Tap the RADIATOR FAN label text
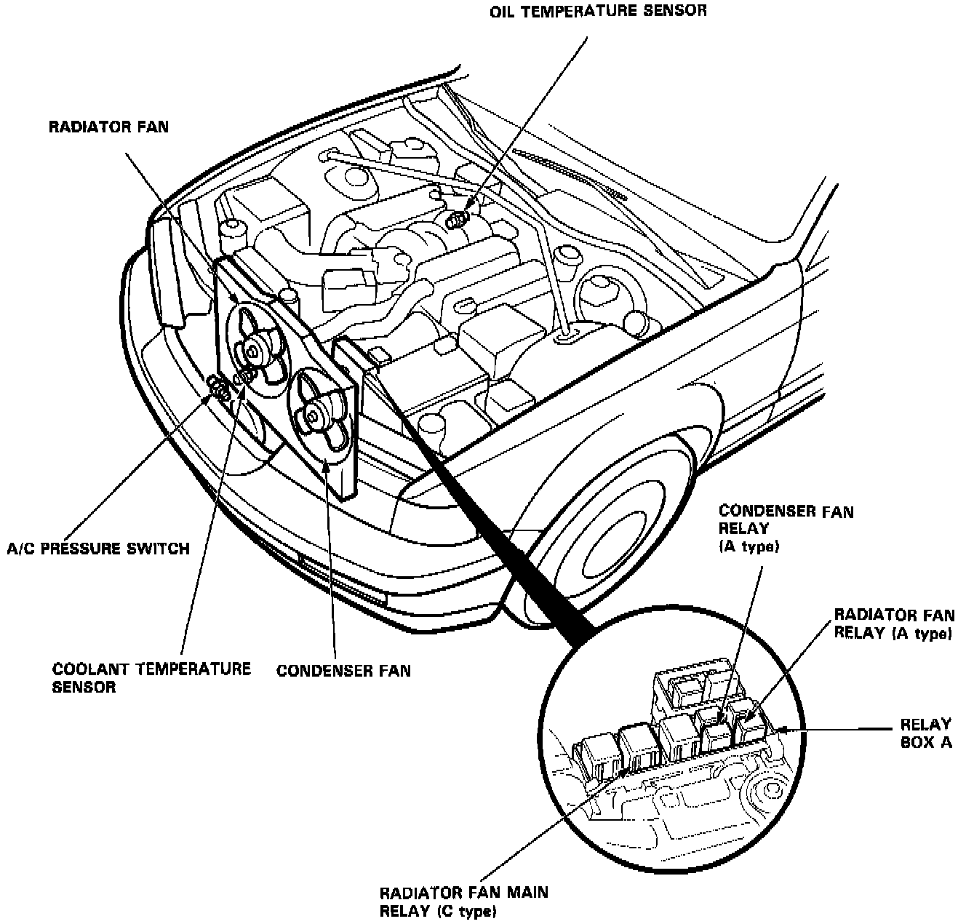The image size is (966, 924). (108, 127)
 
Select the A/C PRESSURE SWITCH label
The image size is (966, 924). (98, 548)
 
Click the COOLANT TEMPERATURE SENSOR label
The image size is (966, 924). (151, 677)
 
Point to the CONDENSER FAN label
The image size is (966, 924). (343, 670)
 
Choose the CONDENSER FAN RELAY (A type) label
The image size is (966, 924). (786, 529)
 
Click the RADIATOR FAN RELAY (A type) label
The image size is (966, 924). (893, 624)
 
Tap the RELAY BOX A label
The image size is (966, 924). (925, 733)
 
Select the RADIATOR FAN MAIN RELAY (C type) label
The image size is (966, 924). (463, 901)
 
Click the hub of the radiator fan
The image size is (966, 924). (252, 351)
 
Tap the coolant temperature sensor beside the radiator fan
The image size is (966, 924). (246, 375)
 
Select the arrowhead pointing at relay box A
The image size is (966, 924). (784, 729)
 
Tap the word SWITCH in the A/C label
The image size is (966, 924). (161, 548)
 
